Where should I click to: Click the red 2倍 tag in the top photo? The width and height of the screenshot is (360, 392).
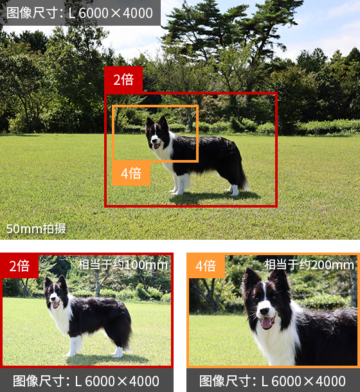click(123, 80)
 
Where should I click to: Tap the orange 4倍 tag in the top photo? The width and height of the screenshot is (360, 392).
click(131, 174)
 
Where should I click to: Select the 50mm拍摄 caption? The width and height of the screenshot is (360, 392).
click(36, 229)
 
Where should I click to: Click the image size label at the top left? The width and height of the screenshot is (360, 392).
click(80, 13)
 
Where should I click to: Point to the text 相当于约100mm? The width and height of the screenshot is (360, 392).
click(123, 265)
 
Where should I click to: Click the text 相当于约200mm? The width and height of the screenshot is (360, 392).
click(309, 265)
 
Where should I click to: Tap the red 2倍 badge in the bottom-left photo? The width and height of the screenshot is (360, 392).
click(19, 266)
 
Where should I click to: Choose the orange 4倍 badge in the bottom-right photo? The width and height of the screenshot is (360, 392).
click(206, 266)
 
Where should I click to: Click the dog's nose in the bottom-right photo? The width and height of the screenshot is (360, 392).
click(264, 311)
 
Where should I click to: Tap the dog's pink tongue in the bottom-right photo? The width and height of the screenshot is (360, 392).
click(266, 323)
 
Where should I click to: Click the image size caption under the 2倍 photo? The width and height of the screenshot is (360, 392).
click(86, 381)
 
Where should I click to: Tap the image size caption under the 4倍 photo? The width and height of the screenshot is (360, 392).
click(273, 381)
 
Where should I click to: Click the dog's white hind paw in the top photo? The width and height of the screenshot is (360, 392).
click(235, 190)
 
